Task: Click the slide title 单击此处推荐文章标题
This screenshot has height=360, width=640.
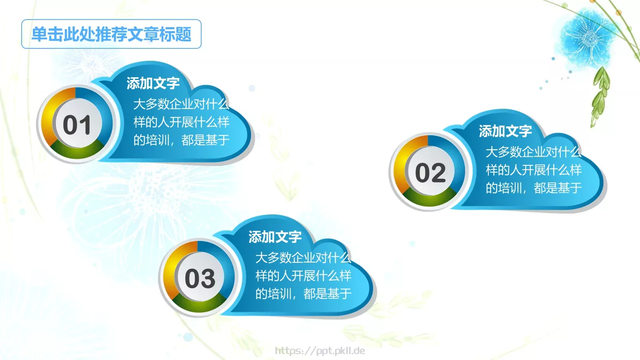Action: tap(111, 34)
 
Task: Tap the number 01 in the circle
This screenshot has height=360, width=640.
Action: tap(77, 125)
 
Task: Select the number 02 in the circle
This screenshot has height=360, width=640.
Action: tap(430, 173)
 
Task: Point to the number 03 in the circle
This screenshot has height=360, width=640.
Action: tap(200, 278)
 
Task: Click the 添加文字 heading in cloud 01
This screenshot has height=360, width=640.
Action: tap(153, 83)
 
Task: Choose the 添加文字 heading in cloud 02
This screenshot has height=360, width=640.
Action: tap(505, 131)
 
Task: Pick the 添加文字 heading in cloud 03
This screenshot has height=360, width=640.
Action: tap(275, 237)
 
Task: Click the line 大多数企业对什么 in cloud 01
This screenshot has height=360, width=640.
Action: tap(181, 104)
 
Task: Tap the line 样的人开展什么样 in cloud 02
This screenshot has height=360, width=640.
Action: tap(534, 170)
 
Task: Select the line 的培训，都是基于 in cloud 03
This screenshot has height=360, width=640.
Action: tap(303, 294)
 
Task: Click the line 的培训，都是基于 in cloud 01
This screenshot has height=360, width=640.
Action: tap(181, 140)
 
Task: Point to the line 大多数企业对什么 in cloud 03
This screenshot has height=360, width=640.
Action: tap(303, 258)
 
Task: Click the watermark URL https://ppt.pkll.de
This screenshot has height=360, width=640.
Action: tap(320, 351)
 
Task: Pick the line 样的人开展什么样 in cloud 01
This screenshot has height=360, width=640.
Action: tap(181, 122)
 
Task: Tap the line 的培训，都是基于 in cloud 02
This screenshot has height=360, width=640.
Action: tap(534, 188)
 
